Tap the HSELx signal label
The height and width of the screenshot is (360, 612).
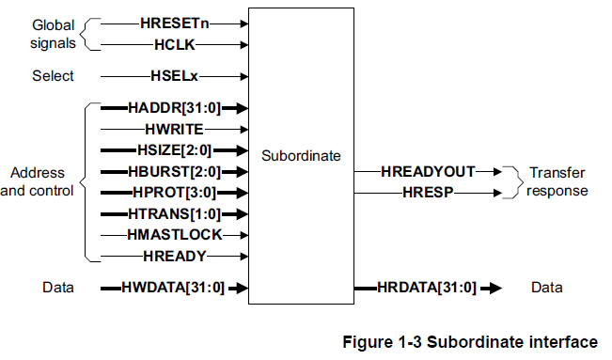[x=175, y=76]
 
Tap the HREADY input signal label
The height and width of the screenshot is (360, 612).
[x=175, y=256]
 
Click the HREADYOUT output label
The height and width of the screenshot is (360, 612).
[x=428, y=172]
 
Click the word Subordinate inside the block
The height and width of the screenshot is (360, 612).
[x=301, y=156]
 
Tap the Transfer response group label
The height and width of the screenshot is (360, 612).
[x=557, y=181]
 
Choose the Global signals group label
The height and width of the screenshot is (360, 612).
[x=54, y=33]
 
